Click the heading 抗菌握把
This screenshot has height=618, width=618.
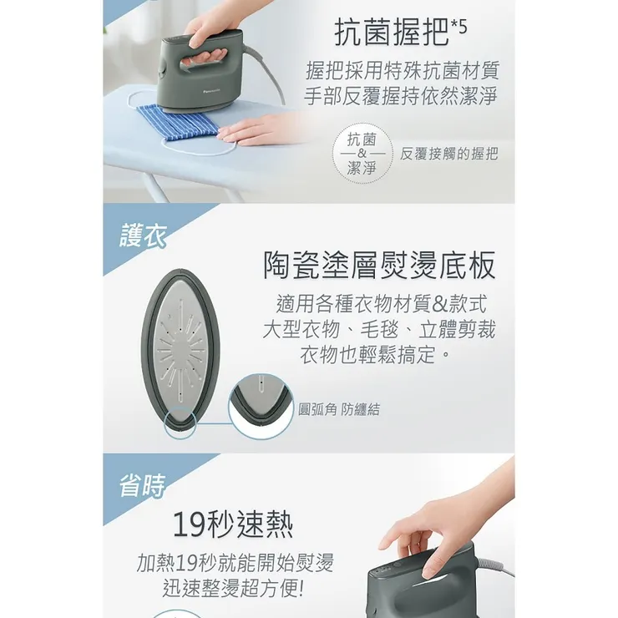(390, 33)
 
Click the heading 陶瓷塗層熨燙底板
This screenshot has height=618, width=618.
(379, 265)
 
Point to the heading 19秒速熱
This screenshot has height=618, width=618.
(233, 524)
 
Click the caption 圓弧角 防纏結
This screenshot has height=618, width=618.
(339, 409)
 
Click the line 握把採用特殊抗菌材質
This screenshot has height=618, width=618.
(403, 69)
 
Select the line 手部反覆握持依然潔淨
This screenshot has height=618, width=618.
(403, 96)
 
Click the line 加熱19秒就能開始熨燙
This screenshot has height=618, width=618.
(235, 562)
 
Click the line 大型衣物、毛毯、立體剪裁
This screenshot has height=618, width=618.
(378, 328)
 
